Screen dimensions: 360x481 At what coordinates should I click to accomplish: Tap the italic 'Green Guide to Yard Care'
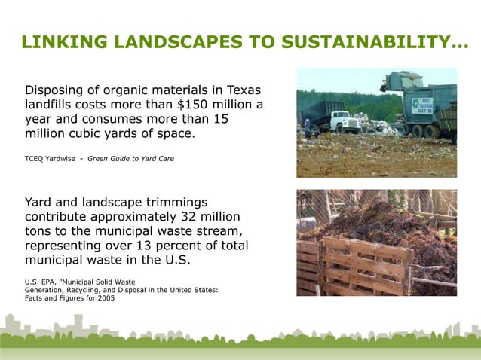pos(131,159)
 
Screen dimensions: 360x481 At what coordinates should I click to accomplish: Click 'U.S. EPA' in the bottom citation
pos(41,282)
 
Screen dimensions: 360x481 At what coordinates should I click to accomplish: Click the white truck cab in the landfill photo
pos(347,120)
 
